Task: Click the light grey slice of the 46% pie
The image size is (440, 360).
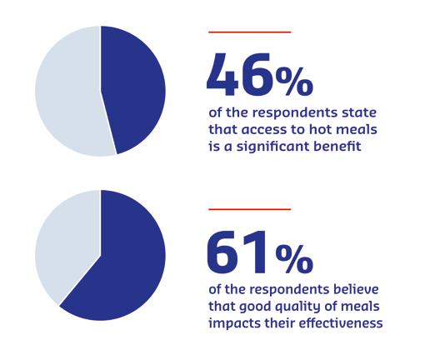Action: click(67, 91)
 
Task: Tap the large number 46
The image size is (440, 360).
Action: click(240, 75)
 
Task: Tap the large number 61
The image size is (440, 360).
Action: click(237, 252)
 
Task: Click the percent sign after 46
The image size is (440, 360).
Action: click(294, 82)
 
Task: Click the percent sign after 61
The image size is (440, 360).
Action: click(294, 258)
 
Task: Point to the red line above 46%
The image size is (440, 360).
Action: click(249, 32)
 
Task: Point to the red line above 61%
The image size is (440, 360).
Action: click(249, 209)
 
